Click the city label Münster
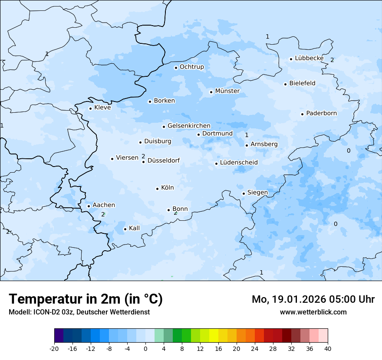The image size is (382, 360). pyautogui.click(x=227, y=91)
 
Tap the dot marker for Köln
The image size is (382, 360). pyautogui.click(x=157, y=189)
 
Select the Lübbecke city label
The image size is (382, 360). pyautogui.click(x=309, y=58)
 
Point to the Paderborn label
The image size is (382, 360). pyautogui.click(x=321, y=113)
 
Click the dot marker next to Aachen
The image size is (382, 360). pyautogui.click(x=89, y=206)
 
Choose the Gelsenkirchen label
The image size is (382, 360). pyautogui.click(x=189, y=126)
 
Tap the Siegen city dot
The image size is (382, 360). pyautogui.click(x=244, y=193)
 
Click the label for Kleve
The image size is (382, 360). pyautogui.click(x=102, y=108)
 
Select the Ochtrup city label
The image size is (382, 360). pyautogui.click(x=191, y=67)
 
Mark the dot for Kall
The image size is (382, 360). pyautogui.click(x=125, y=229)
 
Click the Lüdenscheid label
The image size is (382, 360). pyautogui.click(x=239, y=163)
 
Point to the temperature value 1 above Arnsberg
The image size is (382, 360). pyautogui.click(x=247, y=135)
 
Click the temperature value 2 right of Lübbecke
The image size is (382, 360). pyautogui.click(x=332, y=60)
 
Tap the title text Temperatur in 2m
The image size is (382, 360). pyautogui.click(x=86, y=299)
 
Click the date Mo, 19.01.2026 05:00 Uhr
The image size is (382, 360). pyautogui.click(x=313, y=299)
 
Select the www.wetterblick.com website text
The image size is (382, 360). pyautogui.click(x=313, y=312)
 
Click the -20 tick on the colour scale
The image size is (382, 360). pyautogui.click(x=54, y=349)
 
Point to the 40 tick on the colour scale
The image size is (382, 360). pyautogui.click(x=328, y=349)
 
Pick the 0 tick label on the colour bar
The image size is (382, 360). pyautogui.click(x=145, y=349)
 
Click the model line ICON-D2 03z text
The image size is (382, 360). pyautogui.click(x=79, y=312)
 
